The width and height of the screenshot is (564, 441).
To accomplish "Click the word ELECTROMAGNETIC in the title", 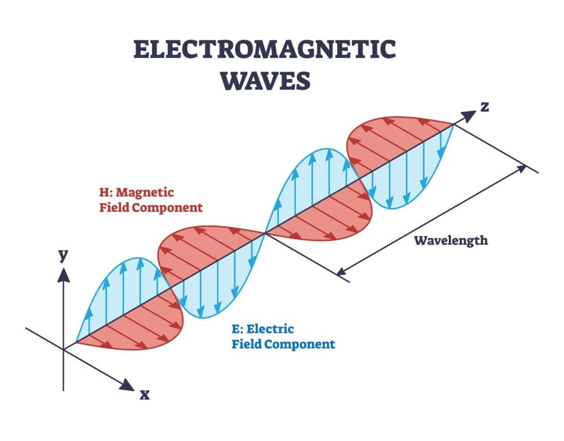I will pos(264,50).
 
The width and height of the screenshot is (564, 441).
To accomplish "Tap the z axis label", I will pos(485,106).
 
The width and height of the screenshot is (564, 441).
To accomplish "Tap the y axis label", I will pos(64,255).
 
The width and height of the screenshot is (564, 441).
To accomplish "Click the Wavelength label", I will pos(451,241).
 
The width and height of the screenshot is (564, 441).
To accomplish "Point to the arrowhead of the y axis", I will pos(64,273).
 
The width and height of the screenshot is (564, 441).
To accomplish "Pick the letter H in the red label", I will pos(103,193).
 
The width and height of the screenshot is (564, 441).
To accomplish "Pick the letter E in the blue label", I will pos(236,330).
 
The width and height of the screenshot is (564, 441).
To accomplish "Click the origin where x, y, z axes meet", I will pos(64,349).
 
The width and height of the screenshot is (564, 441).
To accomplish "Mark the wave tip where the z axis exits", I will pos(454,125).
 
